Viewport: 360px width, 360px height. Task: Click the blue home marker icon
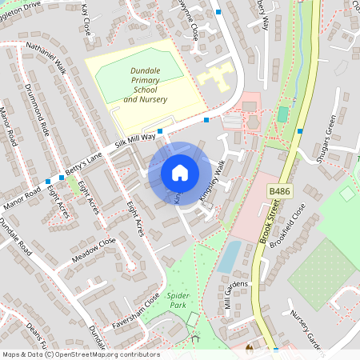180,173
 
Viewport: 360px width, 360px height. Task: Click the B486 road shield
278,192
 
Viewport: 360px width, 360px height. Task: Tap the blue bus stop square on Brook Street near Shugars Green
300,131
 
